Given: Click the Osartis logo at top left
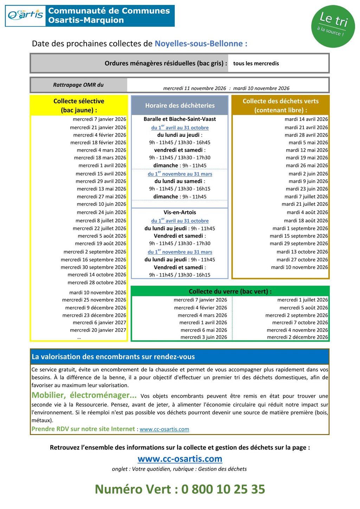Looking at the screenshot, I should coord(26,15).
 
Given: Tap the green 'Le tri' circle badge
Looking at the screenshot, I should coord(333,26).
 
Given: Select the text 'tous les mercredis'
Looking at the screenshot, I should coord(256,63).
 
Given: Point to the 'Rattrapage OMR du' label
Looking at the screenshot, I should coord(78,85).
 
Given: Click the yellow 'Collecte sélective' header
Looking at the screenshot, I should coord(79,105).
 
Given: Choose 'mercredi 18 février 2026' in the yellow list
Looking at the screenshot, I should coord(98,142).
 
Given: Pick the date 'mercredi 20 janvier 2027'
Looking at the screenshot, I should coord(98,330).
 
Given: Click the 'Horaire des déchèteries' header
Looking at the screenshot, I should coord(180,105).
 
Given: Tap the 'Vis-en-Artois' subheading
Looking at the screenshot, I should coord(180,212).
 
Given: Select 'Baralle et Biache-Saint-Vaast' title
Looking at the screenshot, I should coord(180,119).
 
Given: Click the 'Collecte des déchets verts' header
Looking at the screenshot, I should coord(281,105).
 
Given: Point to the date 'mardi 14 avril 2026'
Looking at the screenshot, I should coord(306,119).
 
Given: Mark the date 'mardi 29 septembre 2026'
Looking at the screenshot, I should coord(299,243).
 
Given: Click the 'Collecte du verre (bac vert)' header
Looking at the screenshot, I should coord(230,291).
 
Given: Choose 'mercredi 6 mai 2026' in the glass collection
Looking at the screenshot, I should coord(204,330).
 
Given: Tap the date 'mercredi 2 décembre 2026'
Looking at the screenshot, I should coord(297,337).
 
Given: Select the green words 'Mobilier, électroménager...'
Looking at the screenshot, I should coord(84,395).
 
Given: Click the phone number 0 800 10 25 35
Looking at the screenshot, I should coord(223,489).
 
